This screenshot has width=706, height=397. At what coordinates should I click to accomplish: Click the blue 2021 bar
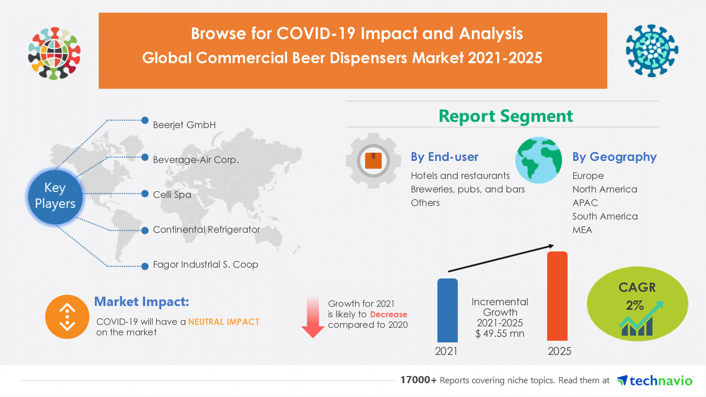tap(447, 310)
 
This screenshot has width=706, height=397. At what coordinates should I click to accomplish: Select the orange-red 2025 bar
tap(557, 296)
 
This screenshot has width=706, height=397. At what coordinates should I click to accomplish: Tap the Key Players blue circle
tap(55, 196)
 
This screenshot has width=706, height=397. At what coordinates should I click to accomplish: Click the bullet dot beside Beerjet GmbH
tap(145, 120)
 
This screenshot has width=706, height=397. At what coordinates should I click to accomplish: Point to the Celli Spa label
tap(172, 195)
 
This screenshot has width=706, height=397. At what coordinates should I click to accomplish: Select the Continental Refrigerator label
tap(206, 229)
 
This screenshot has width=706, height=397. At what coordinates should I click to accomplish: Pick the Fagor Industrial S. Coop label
tap(205, 264)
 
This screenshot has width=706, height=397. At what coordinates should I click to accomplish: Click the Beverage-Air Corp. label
tap(196, 160)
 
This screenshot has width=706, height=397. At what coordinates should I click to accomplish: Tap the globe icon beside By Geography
tap(538, 160)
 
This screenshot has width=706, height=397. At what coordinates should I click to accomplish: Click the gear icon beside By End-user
tap(373, 161)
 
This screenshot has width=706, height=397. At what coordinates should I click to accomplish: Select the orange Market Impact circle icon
tap(67, 317)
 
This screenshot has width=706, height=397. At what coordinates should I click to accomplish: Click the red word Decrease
tap(389, 314)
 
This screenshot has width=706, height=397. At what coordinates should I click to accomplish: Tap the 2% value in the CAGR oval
tap(634, 306)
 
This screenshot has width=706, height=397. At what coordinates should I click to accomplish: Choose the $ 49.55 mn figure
tap(500, 334)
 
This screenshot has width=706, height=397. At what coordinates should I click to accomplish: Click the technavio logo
tap(655, 381)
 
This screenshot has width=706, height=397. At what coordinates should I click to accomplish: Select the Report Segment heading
tap(506, 116)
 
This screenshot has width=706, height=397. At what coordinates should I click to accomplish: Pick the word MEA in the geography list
tap(582, 230)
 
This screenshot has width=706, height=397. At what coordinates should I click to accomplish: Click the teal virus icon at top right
tap(652, 51)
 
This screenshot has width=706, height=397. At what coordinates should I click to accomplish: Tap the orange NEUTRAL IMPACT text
tap(224, 322)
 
